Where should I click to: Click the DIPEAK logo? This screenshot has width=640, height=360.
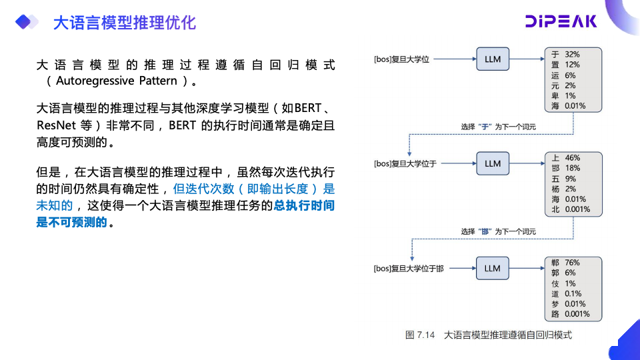pos(561,22)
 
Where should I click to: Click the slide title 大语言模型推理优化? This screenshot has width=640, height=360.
pos(124,23)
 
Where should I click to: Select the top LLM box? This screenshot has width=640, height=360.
pos(492,59)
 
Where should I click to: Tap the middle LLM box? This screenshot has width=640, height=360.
pos(492,163)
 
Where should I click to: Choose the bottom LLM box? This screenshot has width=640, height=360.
pos(492,268)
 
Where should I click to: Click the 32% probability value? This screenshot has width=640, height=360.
pos(572,54)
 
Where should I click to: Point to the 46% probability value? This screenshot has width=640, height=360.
pos(572,158)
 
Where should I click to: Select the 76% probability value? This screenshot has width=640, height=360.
pos(572,263)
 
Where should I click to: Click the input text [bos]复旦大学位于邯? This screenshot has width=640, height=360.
pos(409,269)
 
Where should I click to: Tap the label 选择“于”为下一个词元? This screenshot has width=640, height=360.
pos(498,127)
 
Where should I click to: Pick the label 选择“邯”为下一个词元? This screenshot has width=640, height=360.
pos(498,231)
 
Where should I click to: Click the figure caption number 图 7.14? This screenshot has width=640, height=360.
pos(420,335)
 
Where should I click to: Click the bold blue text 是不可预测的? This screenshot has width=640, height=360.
pos(71,223)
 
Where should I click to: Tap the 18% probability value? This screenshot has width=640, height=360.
pos(572,169)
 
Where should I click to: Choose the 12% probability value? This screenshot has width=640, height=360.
pos(572,65)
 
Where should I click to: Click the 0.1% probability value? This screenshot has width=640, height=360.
pos(573,293)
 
